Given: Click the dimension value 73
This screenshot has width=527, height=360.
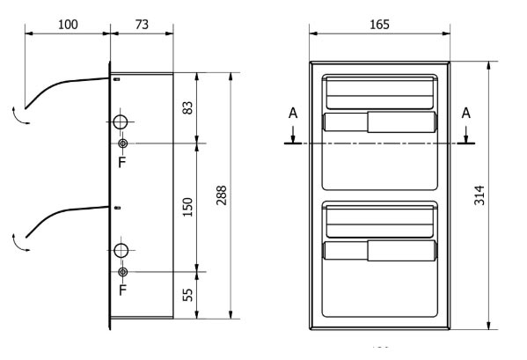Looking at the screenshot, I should coord(140,24).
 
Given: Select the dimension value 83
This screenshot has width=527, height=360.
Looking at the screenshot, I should coord(187,109).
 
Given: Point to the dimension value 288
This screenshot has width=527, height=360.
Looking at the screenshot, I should coord(221,195).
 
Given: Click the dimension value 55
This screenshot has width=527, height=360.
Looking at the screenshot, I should coord(187,293).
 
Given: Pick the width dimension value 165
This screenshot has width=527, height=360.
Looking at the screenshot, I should coord(380,24).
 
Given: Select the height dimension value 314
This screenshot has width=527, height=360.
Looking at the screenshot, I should coord(479,195).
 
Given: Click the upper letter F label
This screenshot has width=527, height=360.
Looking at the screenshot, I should coord(123,162).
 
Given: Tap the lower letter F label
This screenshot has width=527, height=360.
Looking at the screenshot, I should coord(123,289).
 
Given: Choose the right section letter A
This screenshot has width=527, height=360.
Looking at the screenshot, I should coord(465,114).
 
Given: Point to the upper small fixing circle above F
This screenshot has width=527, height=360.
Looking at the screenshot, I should coord(123,143).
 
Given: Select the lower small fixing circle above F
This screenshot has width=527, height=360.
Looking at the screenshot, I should coord(123,271).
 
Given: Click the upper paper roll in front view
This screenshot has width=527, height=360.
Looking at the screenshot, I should coord(380,121).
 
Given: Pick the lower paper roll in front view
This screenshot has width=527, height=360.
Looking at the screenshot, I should coord(380,251).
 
